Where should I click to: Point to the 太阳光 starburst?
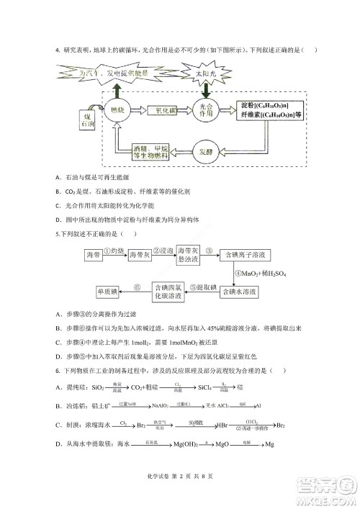207,74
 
